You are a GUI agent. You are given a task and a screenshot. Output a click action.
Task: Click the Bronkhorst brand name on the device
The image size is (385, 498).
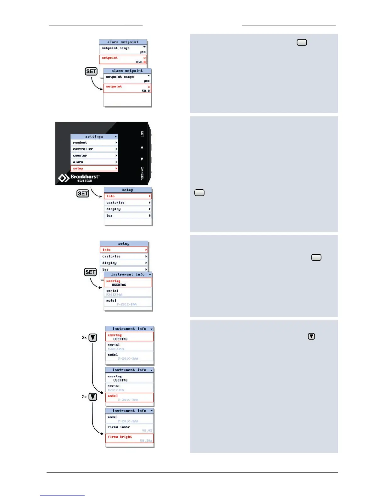(85, 177)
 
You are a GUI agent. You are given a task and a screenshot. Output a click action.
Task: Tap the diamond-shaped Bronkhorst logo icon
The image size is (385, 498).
(64, 178)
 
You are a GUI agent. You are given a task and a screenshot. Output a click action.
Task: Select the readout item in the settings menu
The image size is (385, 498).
(94, 143)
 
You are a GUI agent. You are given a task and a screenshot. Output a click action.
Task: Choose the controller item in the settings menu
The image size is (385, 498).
(94, 149)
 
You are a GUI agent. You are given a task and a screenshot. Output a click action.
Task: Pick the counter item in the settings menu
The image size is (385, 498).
(94, 156)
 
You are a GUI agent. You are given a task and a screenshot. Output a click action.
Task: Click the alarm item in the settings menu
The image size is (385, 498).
(94, 162)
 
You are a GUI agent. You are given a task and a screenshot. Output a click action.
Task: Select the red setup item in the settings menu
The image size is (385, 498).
(94, 169)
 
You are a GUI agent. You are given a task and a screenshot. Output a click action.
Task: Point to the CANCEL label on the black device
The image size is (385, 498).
(142, 173)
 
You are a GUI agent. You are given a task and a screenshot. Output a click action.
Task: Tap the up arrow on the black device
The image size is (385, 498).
(142, 147)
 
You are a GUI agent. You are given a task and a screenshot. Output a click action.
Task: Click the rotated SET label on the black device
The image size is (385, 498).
(142, 134)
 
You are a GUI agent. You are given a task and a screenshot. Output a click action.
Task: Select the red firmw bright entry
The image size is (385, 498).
(130, 438)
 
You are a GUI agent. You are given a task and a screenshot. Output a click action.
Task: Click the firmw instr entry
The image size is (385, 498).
(130, 429)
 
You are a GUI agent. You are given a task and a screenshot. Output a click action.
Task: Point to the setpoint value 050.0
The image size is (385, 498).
(141, 62)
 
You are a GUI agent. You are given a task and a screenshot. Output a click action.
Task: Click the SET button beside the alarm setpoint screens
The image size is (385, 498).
(91, 71)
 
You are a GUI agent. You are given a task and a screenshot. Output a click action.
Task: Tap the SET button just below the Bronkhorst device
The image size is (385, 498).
(83, 193)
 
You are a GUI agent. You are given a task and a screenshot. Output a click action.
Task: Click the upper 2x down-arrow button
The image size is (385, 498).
(93, 338)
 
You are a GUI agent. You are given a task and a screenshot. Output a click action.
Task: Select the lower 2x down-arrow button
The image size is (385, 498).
(93, 397)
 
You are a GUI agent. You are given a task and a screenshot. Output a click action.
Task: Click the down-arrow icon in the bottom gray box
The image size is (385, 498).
(311, 336)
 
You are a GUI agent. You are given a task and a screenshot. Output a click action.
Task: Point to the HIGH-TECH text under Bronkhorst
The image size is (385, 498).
(84, 181)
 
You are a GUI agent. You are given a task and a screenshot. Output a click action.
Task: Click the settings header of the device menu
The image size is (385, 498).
(94, 136)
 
